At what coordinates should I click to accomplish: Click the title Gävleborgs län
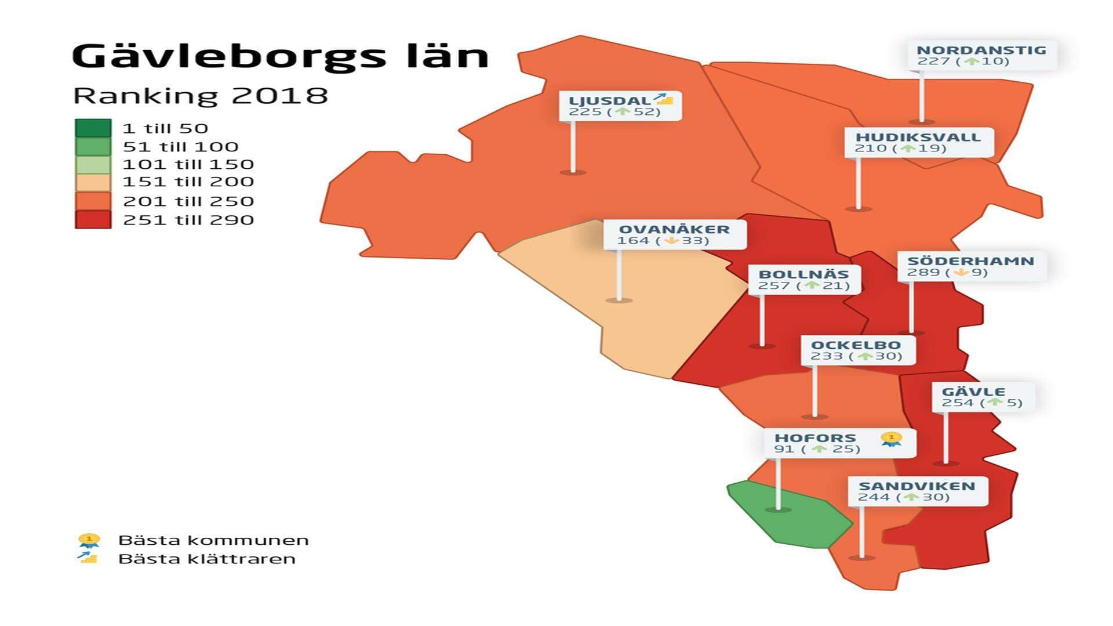coord(280,56)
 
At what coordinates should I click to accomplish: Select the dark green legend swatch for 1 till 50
coord(93,128)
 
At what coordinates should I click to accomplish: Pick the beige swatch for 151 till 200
coord(93,182)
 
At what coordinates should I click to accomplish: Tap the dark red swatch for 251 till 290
coord(93,219)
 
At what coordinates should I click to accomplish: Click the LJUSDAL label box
coord(619,106)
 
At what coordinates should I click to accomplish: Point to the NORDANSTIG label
coord(981,55)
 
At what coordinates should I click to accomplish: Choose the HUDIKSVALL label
coord(918,142)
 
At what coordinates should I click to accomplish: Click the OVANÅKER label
coord(674,234)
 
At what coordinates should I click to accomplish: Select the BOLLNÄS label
coord(803,279)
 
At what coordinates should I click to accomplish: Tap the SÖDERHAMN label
coord(971,266)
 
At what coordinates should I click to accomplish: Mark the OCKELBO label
coord(857,350)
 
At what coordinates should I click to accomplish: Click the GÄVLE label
coord(982,397)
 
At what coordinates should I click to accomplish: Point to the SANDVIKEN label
coord(916,491)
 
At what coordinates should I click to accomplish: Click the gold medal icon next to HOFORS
coord(891,439)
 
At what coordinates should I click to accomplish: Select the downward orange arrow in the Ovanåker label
coord(671,240)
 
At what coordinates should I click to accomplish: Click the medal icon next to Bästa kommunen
coord(89,541)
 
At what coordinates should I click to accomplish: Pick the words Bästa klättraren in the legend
coord(207,559)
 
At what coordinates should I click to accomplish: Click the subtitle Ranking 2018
coord(201,96)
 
